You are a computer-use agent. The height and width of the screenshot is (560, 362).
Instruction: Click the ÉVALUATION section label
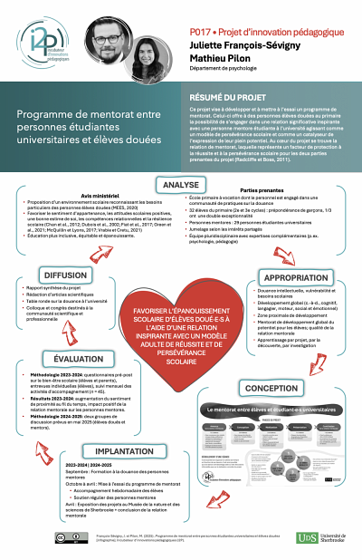[x=71, y=359]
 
